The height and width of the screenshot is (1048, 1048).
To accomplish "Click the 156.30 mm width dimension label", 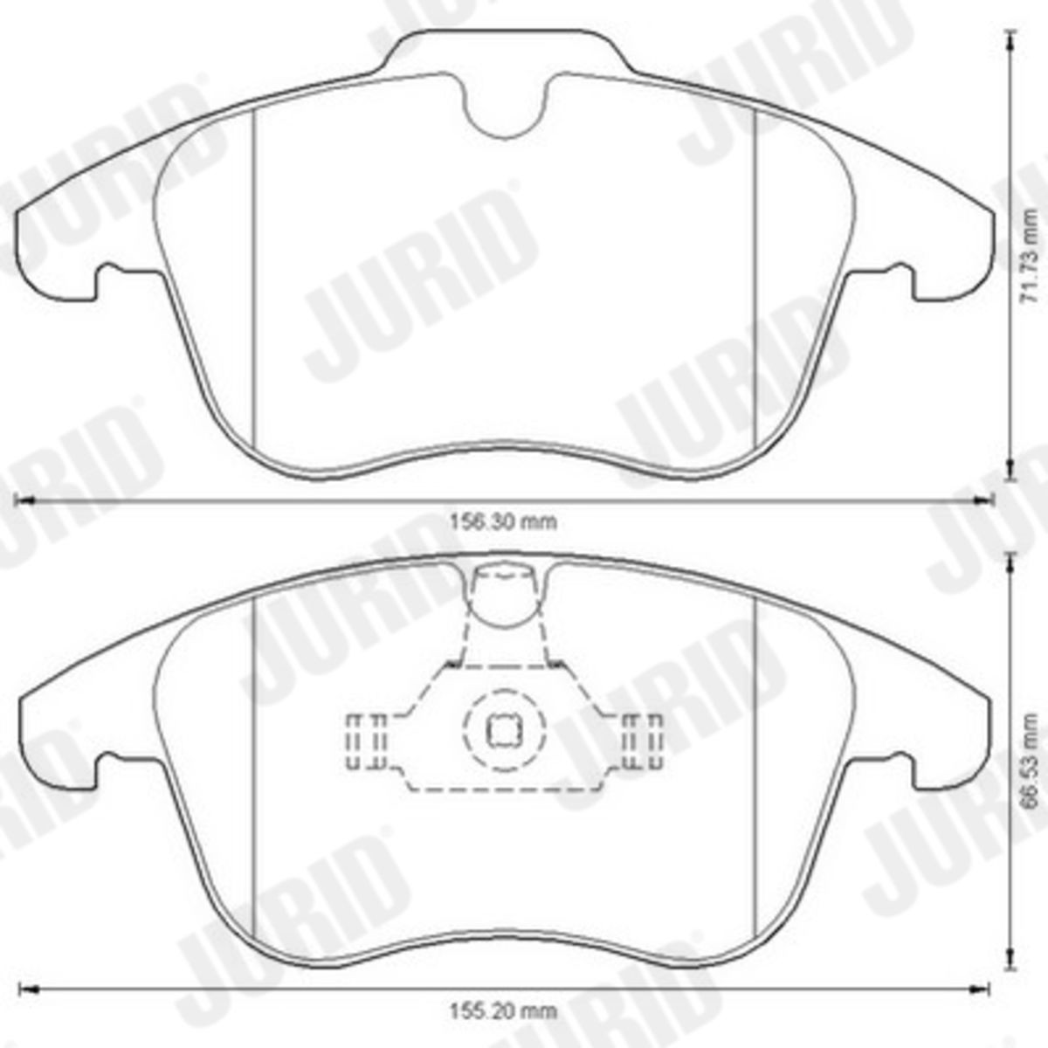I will click(x=503, y=522).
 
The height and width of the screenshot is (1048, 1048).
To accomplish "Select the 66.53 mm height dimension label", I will click(x=1032, y=759).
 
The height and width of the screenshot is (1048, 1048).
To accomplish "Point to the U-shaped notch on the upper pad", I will click(x=503, y=109).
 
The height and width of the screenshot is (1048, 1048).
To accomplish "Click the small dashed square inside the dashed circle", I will click(x=503, y=732).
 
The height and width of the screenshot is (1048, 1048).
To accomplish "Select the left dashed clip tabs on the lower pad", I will click(x=367, y=741).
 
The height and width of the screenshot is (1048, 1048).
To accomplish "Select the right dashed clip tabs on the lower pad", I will click(x=642, y=741).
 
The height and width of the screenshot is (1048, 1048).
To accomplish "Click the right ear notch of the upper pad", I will click(x=896, y=278).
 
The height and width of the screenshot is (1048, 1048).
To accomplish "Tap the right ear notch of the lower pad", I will click(x=896, y=765).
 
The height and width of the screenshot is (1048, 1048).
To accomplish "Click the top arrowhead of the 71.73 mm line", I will click(x=1010, y=35).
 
